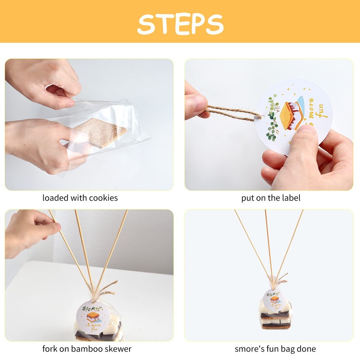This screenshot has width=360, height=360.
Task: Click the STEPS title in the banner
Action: pyautogui.click(x=180, y=22)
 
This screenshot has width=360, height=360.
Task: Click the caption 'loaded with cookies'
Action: pyautogui.click(x=80, y=198)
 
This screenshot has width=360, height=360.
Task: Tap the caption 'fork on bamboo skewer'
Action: pyautogui.click(x=87, y=349)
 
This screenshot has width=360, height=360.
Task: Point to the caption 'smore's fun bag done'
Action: pyautogui.click(x=275, y=349)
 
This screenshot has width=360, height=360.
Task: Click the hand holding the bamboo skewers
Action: pyautogui.click(x=29, y=232)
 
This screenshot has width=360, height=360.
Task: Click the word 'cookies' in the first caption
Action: pyautogui.click(x=104, y=198)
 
